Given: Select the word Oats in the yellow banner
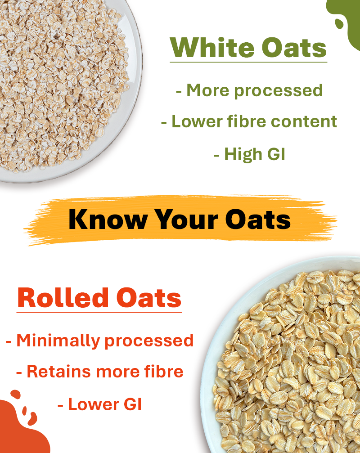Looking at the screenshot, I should click(x=258, y=219).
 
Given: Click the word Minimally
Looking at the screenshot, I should click(x=58, y=341).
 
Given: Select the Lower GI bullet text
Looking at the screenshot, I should click(x=100, y=404).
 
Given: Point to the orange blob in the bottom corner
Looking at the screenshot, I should click(x=20, y=430).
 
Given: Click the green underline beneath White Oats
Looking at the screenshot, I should click(x=248, y=62).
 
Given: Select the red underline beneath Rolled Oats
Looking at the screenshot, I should click(x=99, y=312).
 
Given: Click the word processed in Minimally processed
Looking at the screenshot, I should click(x=148, y=341).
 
